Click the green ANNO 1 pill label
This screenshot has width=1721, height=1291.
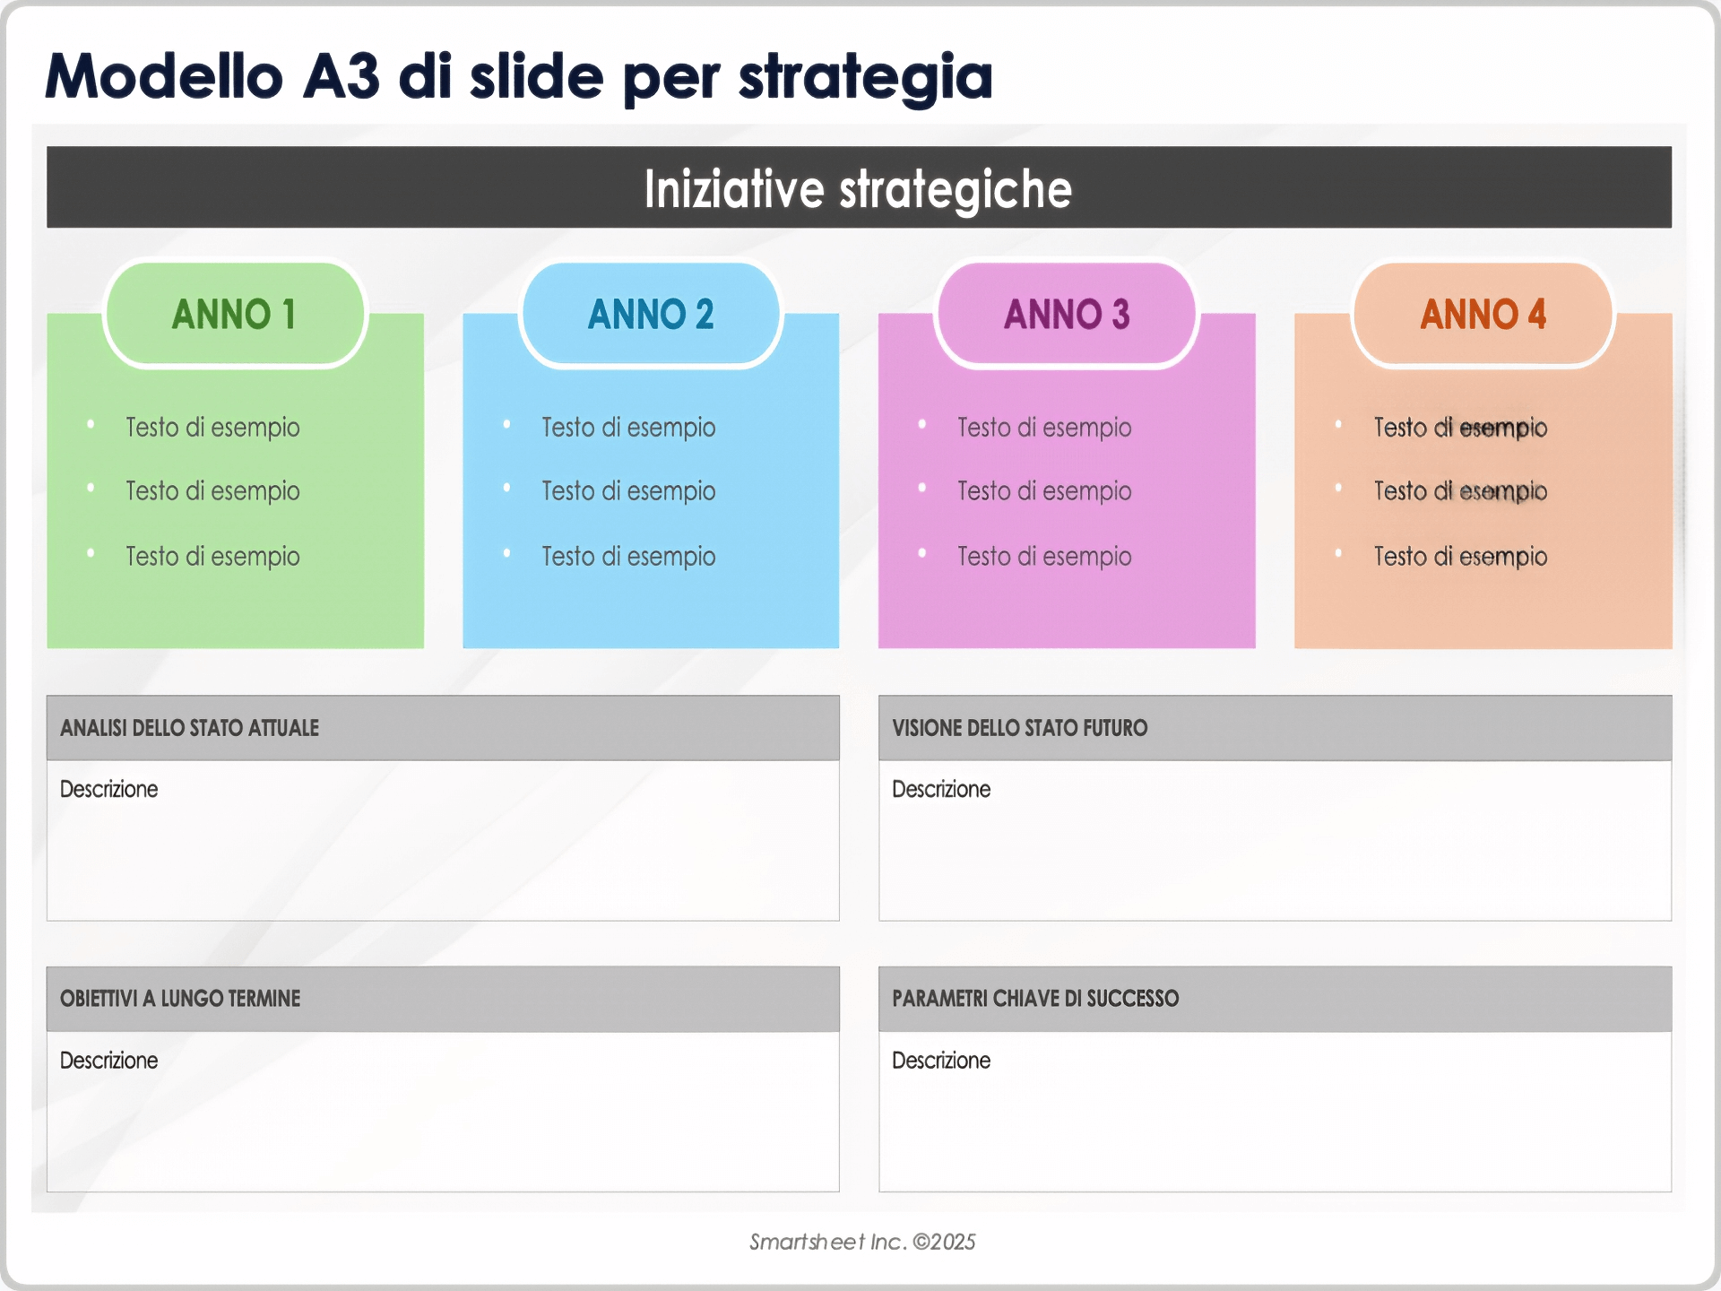(x=234, y=315)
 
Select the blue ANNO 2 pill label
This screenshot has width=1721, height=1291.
(x=651, y=315)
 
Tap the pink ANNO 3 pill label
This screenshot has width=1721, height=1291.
(x=1067, y=315)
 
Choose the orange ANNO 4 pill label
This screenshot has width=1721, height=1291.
(x=1483, y=315)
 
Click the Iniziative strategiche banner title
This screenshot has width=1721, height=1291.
(x=858, y=188)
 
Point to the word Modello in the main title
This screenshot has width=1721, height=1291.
(x=164, y=76)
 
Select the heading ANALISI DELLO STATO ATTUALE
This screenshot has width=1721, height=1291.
(x=189, y=728)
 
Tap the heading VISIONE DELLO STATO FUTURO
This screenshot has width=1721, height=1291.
(x=1019, y=728)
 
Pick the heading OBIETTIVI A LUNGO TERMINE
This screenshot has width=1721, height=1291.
(x=180, y=999)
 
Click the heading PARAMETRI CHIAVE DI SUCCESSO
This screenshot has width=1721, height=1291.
(x=1035, y=999)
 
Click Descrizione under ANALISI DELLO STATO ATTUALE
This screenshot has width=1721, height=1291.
(x=108, y=789)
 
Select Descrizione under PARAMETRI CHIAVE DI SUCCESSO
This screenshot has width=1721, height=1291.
(x=941, y=1061)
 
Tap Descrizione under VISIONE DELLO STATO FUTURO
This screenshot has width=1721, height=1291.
(x=941, y=789)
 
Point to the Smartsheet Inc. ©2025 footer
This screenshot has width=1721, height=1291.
(x=862, y=1242)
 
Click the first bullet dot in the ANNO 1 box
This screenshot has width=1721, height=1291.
(x=91, y=424)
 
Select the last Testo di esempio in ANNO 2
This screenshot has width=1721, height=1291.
(x=628, y=557)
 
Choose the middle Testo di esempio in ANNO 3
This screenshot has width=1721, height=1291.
(x=1044, y=491)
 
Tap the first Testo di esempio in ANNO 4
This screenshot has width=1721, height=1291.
(x=1460, y=428)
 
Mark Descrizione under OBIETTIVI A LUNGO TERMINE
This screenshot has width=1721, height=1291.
(x=108, y=1061)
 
